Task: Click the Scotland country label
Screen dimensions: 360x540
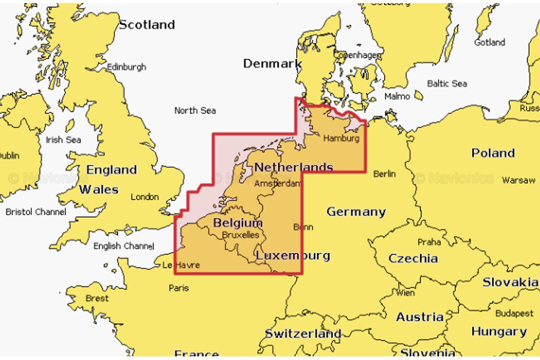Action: click(147, 25)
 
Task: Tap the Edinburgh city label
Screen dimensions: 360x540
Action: click(126, 67)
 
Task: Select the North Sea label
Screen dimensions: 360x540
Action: click(195, 110)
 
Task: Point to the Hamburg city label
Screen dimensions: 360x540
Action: click(341, 138)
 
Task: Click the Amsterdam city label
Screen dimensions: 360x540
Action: click(277, 184)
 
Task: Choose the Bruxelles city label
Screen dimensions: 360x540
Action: click(241, 235)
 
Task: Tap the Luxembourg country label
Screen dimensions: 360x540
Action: click(292, 256)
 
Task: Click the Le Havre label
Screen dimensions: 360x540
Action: click(180, 265)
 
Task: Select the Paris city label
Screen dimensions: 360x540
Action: click(179, 288)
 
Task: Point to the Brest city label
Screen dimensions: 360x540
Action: click(97, 298)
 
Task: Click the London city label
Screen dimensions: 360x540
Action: click(144, 197)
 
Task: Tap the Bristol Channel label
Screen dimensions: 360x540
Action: click(36, 211)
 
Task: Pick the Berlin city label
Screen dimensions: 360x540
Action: click(384, 174)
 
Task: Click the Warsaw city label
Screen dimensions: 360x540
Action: click(518, 180)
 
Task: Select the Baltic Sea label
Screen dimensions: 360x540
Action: click(446, 84)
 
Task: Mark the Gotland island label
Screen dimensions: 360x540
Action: click(490, 43)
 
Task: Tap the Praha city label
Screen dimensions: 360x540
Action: click(429, 242)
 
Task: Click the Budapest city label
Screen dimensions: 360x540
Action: click(514, 313)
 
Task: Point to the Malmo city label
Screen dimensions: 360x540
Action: click(397, 96)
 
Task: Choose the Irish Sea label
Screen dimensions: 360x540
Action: click(63, 140)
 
